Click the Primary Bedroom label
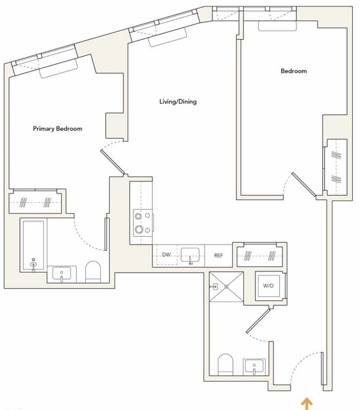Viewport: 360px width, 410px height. point(58,129)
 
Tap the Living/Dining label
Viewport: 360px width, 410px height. point(178,101)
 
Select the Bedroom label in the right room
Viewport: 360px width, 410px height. point(294,71)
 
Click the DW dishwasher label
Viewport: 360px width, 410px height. point(166,255)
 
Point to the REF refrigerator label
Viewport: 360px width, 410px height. point(218,255)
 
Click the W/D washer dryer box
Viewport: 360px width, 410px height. point(269,286)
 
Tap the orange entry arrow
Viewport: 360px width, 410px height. point(307,404)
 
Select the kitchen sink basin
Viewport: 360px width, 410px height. point(190,255)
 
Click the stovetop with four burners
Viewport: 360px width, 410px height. point(143,223)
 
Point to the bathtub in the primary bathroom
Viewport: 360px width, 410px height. point(33,246)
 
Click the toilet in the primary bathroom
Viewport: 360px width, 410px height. point(93,271)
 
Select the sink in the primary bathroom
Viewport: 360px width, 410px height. point(62,274)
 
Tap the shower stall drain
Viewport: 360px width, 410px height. point(227,287)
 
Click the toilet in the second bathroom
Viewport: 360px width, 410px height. point(225,364)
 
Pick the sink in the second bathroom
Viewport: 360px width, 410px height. point(254,366)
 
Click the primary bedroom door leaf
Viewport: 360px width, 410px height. point(113,162)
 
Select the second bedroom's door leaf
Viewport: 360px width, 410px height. point(304,184)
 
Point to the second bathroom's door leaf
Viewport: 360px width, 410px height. point(258,321)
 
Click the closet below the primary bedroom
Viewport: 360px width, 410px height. point(35,203)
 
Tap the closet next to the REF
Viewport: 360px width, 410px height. point(260,255)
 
